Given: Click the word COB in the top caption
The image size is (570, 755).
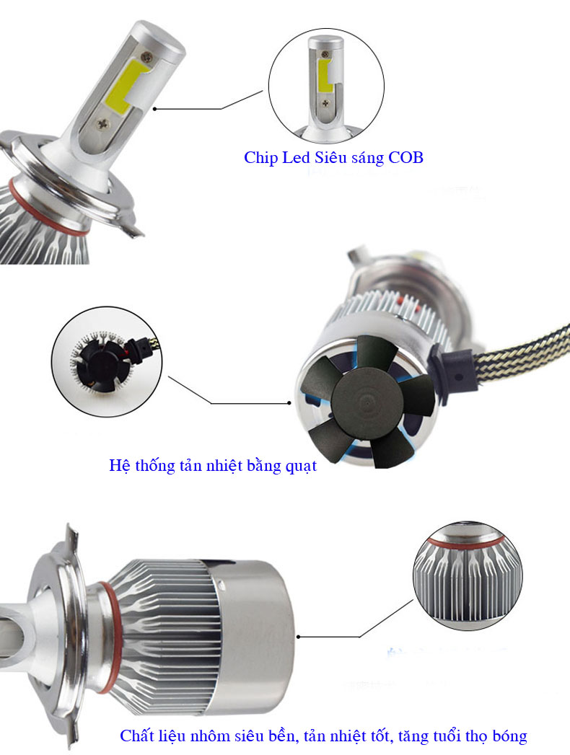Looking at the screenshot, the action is [405, 157].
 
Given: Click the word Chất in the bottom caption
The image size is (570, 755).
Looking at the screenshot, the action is [137, 736].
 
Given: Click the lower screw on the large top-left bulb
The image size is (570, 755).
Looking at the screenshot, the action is [103, 124].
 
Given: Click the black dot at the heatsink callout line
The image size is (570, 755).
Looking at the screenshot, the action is [299, 637].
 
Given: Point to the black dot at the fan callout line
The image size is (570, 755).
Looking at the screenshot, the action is [289, 402].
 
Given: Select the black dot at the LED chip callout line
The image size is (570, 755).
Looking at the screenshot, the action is [154, 109].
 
